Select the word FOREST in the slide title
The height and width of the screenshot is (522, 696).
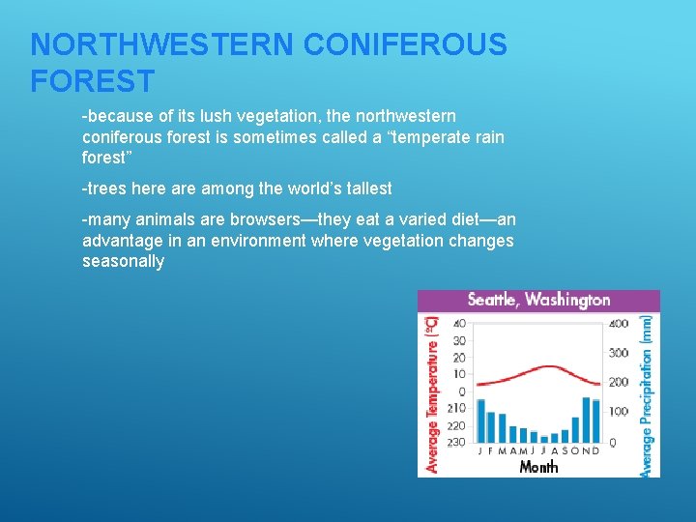(x=92, y=81)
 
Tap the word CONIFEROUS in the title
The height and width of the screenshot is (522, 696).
(x=405, y=45)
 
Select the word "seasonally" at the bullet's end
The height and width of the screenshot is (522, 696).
(x=123, y=262)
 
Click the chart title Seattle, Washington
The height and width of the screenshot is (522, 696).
(x=538, y=300)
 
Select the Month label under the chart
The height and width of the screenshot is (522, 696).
(x=538, y=467)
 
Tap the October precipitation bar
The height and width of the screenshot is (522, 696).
(x=575, y=429)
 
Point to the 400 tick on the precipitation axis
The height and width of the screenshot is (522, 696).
(x=617, y=323)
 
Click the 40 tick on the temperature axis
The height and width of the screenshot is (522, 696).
(x=458, y=323)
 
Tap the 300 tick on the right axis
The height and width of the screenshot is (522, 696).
(x=617, y=353)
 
